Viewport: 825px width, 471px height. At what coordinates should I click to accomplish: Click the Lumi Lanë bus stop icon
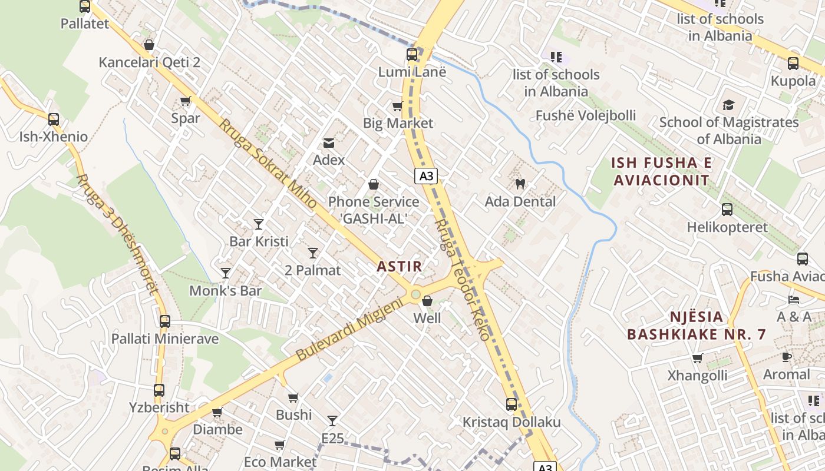[x=412, y=55]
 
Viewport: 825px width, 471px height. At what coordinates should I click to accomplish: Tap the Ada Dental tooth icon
[x=520, y=184]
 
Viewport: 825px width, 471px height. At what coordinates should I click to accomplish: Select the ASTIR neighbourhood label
[x=400, y=266]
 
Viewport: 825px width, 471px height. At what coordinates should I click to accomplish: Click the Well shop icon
[x=427, y=301]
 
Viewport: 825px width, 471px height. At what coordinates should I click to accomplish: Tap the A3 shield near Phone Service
[x=425, y=175]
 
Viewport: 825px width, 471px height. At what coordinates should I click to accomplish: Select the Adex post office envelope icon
[x=328, y=142]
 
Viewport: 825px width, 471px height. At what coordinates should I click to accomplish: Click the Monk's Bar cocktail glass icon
[x=225, y=273]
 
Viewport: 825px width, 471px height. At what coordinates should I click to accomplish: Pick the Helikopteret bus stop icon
[x=727, y=210]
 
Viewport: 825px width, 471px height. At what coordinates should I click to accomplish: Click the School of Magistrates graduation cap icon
[x=728, y=105]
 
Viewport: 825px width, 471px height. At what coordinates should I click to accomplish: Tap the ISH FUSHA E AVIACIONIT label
[x=662, y=171]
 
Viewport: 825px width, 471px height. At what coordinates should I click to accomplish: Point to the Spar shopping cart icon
[x=185, y=101]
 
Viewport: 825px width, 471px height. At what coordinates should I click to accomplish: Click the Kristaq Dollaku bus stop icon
[x=511, y=404]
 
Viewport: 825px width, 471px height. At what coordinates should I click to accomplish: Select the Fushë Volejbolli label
[x=586, y=115]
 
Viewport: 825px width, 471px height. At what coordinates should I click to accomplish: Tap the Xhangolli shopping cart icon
[x=698, y=358]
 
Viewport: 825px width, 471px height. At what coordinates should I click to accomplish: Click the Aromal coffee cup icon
[x=786, y=357]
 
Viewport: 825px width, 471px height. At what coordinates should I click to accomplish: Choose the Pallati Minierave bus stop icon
[x=165, y=321]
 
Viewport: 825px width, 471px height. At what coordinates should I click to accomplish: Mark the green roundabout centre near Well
[x=415, y=294]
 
